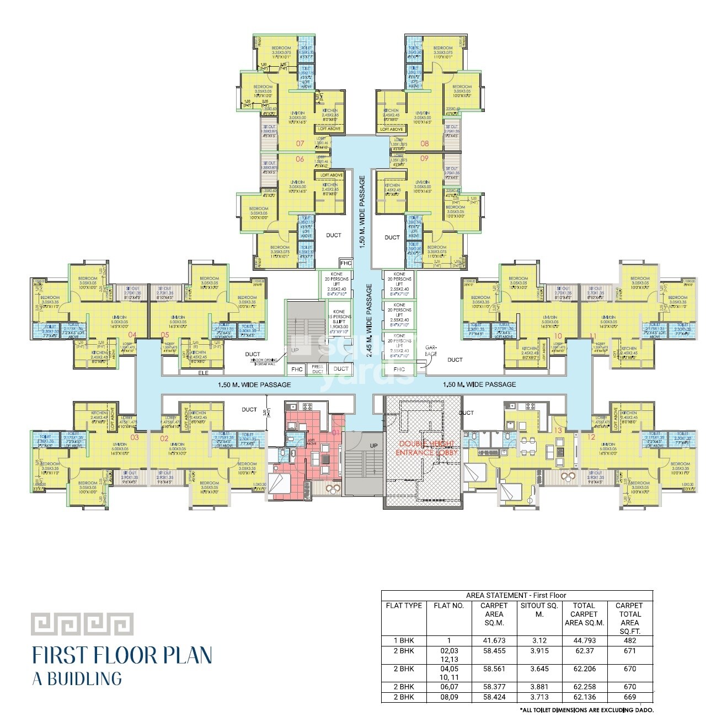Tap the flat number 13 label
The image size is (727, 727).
tap(558, 430)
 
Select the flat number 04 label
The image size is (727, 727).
tap(132, 335)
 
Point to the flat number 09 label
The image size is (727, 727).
tap(424, 158)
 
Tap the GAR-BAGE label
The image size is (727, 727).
tap(431, 351)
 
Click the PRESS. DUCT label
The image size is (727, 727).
tap(317, 369)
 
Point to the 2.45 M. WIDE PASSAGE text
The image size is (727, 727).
tap(369, 322)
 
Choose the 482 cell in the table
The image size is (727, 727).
tap(629, 640)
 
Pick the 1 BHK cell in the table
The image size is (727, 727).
tap(403, 640)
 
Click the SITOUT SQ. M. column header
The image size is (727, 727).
tap(539, 610)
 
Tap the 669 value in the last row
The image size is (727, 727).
tap(629, 697)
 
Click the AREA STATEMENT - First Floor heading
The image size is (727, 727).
tap(516, 595)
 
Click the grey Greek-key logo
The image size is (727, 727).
tap(82, 624)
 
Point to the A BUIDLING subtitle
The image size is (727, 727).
tap(77, 678)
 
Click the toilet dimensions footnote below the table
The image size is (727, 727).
tap(586, 710)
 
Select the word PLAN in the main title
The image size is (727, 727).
tap(187, 655)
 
